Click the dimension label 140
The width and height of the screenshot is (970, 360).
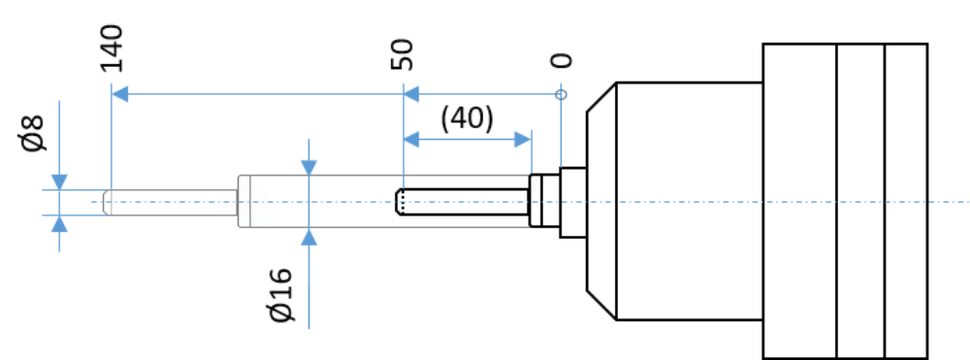point(112,49)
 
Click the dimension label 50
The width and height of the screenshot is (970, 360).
point(403,54)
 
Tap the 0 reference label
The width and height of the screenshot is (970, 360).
point(561,60)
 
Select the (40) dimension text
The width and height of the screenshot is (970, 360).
point(468,118)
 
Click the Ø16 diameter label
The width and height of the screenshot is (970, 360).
point(282,296)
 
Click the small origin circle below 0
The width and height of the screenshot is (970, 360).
point(561,95)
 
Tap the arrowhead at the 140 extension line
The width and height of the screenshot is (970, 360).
point(120,95)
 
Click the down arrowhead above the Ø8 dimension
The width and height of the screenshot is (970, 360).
point(59,182)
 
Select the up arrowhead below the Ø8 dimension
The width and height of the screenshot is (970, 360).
point(59,223)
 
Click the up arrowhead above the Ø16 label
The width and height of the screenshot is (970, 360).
point(308,237)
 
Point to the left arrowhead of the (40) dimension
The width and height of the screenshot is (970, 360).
point(411,140)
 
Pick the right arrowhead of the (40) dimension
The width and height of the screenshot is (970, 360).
point(524,140)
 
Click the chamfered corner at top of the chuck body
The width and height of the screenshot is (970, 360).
point(601,97)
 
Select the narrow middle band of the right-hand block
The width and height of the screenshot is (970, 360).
point(860,201)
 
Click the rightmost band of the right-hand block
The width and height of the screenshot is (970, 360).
point(906,201)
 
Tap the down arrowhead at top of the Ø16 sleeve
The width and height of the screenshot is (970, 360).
point(308,168)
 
